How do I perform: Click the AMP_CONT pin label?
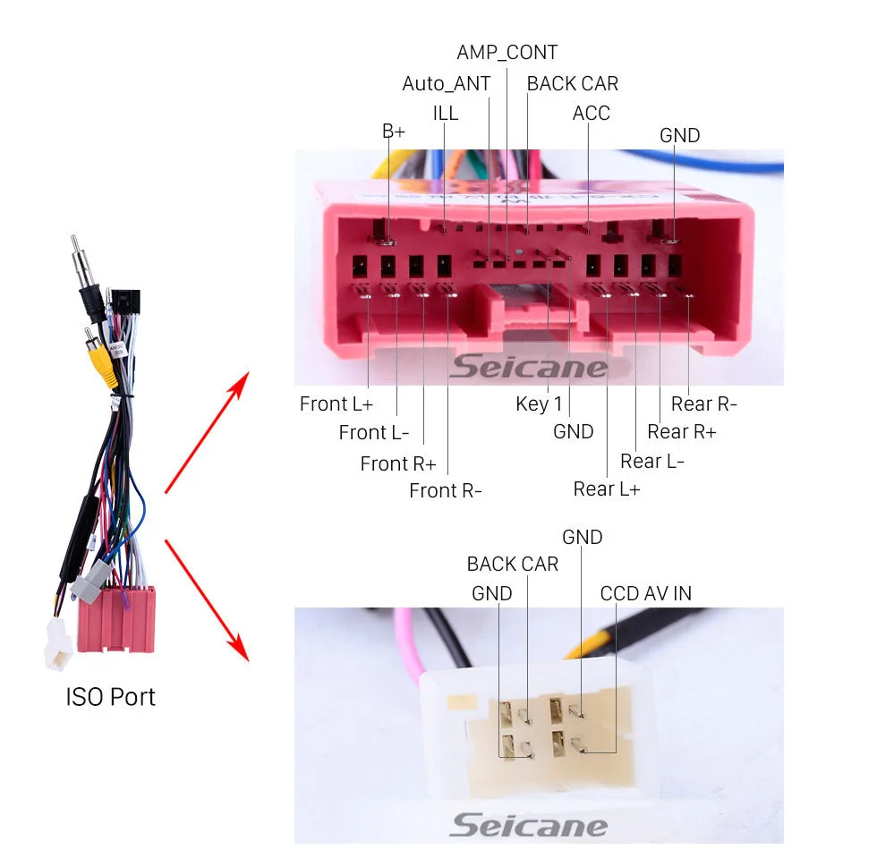click(507, 53)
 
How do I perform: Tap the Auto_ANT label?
click(446, 83)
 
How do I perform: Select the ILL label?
click(445, 113)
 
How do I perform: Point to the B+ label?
click(393, 132)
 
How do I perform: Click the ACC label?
click(591, 113)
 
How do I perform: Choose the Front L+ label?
click(336, 404)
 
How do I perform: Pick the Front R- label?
click(446, 490)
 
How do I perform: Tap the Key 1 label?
click(539, 404)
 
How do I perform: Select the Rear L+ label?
click(607, 488)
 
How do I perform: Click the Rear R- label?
click(704, 404)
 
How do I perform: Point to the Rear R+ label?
click(682, 432)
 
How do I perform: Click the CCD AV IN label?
click(645, 593)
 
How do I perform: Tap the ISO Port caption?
click(110, 697)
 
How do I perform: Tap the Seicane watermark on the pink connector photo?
click(528, 366)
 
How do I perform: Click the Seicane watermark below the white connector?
click(528, 825)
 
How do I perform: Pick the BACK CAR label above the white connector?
click(512, 564)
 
